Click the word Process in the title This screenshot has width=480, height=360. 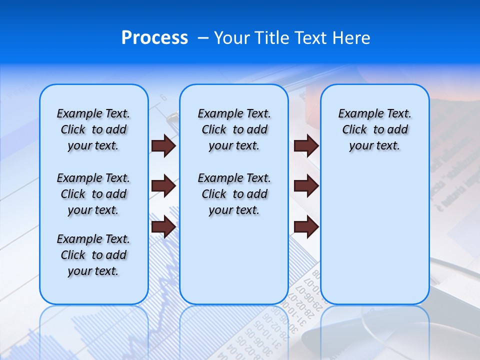pos(154,38)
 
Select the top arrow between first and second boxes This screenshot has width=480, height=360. pos(163,146)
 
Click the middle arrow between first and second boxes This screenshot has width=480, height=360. pos(163,186)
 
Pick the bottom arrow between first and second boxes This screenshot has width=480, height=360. pos(163,227)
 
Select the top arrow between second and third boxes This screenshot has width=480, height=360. pos(306,146)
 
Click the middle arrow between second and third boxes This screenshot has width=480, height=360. pos(306,186)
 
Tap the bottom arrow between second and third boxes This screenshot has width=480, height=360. pos(306,227)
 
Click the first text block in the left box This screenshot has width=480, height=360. pos(93,129)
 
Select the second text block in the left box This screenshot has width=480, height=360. pos(93,194)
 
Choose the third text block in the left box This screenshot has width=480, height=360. pos(93,255)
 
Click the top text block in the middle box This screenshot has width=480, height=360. pos(234,129)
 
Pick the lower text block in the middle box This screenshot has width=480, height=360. pos(234,194)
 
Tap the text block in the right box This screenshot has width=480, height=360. pos(375,129)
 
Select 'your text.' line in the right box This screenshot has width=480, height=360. pos(375,146)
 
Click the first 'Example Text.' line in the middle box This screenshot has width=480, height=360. pos(234,113)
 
